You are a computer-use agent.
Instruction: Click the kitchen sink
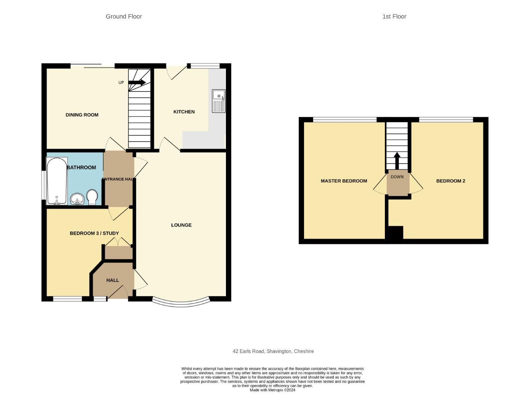tap(219, 101)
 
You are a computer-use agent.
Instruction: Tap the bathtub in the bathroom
tap(57, 181)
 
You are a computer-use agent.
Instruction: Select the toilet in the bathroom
tap(92, 197)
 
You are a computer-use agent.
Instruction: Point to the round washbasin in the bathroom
tap(77, 199)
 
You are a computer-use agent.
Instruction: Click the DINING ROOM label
tap(82, 115)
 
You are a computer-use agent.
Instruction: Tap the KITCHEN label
tap(184, 112)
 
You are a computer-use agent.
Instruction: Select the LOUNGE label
tap(181, 225)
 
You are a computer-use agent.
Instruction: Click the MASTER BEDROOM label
tap(344, 181)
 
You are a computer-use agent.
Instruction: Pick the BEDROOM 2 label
tap(450, 181)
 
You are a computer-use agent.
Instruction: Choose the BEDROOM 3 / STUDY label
tap(94, 233)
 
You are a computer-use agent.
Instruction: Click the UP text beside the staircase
tap(121, 82)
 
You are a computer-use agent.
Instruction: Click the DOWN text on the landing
tap(397, 177)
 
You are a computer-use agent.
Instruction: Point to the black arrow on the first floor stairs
tap(397, 161)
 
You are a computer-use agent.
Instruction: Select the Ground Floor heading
tap(124, 17)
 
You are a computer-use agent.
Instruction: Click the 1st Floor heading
tap(394, 17)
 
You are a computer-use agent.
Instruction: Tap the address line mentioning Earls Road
tap(273, 351)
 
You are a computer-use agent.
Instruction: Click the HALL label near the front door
tap(112, 280)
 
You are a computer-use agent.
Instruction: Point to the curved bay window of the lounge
tap(181, 304)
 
